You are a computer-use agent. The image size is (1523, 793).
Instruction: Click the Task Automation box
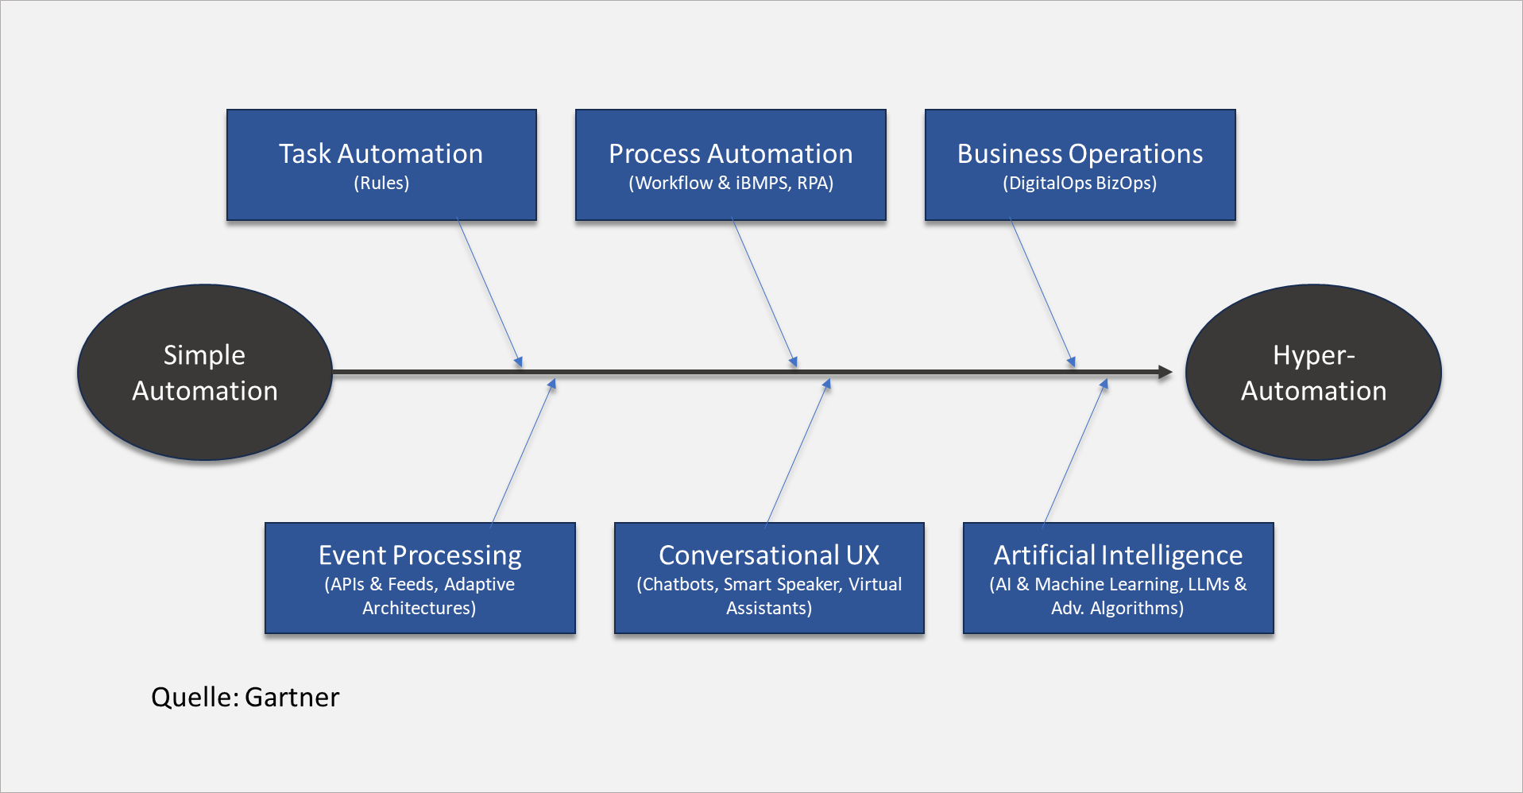click(x=381, y=164)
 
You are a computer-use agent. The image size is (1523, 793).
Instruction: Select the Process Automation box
click(x=730, y=164)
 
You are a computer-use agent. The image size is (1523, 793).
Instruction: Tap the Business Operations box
click(x=1080, y=164)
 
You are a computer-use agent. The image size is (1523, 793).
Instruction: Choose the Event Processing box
click(x=419, y=578)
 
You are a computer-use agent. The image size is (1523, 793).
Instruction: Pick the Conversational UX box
click(x=769, y=578)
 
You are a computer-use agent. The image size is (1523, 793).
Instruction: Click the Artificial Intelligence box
click(x=1118, y=578)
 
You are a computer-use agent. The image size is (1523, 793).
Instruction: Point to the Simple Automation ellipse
click(x=205, y=372)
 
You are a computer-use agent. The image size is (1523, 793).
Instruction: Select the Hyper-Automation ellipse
click(x=1313, y=372)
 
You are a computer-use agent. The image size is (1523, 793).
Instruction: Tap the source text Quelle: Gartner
click(x=245, y=697)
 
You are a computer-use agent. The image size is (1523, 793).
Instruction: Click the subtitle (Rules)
click(x=381, y=183)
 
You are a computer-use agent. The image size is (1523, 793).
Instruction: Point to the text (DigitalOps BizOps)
click(x=1080, y=183)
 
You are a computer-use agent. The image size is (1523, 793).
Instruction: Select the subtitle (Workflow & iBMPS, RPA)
click(x=731, y=183)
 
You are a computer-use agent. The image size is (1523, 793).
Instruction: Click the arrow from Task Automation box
click(x=489, y=293)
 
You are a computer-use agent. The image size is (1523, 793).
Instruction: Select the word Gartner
click(x=292, y=697)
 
